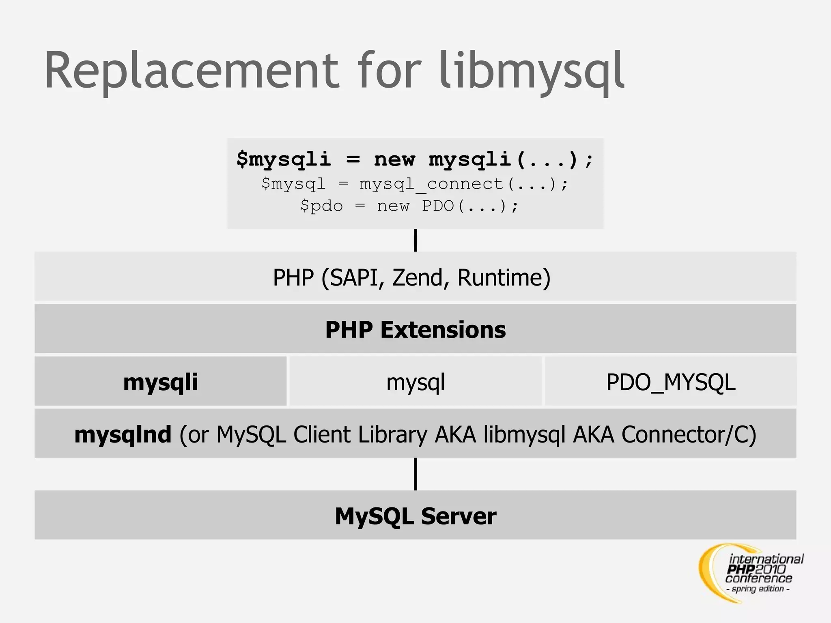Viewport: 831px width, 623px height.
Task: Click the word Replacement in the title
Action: [x=191, y=71]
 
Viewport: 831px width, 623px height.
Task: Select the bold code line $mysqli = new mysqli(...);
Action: [x=415, y=159]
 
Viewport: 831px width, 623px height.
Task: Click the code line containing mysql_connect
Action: [x=415, y=184]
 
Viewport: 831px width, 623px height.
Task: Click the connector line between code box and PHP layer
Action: [x=415, y=240]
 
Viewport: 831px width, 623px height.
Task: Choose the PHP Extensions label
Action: [x=415, y=329]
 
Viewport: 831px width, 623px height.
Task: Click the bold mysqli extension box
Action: [x=161, y=382]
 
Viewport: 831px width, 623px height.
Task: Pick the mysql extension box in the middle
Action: [x=415, y=382]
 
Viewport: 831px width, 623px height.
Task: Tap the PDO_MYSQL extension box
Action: [x=671, y=382]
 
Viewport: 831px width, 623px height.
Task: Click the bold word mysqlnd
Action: [x=123, y=434]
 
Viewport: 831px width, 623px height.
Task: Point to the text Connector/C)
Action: [x=689, y=434]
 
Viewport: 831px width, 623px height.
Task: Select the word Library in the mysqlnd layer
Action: [x=392, y=434]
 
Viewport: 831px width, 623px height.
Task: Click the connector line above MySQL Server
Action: [x=415, y=474]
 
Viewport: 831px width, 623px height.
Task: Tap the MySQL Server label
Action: [x=415, y=516]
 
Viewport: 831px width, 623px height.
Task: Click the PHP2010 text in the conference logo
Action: [x=757, y=569]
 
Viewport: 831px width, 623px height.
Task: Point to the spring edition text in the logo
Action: [x=758, y=589]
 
